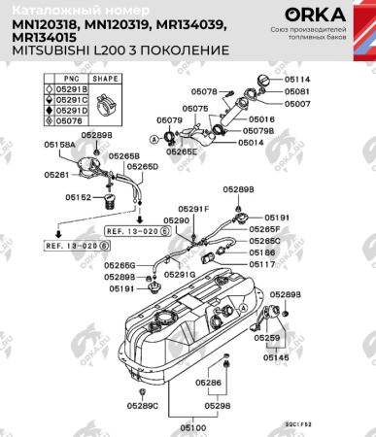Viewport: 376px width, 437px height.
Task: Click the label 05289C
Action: pyautogui.click(x=143, y=405)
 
